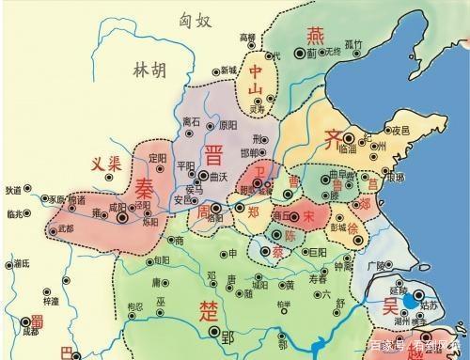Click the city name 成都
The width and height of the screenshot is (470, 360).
[x=29, y=332]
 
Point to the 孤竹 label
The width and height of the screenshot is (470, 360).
[x=352, y=42]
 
